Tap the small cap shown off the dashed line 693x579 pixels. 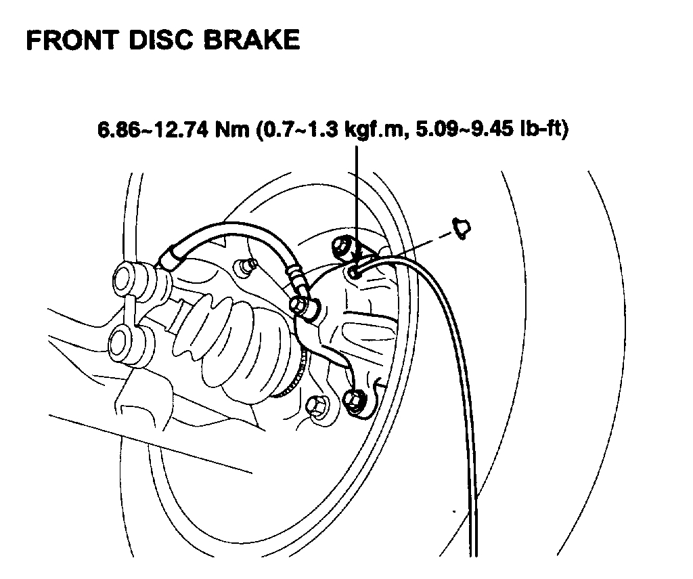[463, 228]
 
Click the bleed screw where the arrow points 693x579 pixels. [354, 272]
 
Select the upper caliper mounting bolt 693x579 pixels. [342, 246]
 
